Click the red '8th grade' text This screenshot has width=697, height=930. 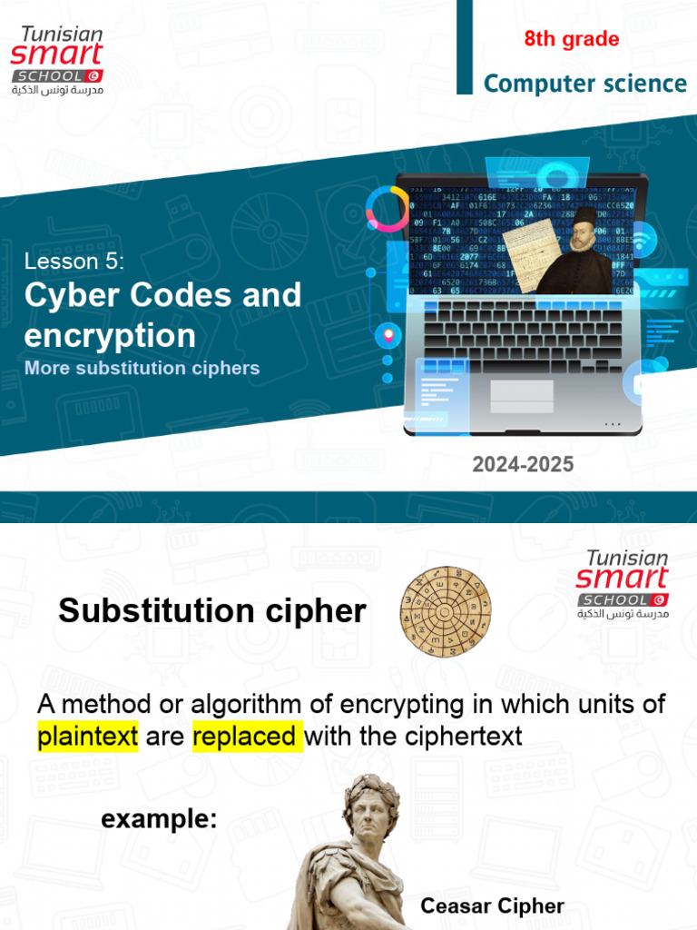pyautogui.click(x=572, y=39)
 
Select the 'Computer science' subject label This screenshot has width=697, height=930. pyautogui.click(x=584, y=84)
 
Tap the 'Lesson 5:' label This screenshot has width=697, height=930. pyautogui.click(x=74, y=262)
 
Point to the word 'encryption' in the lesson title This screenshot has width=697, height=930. pyautogui.click(x=110, y=335)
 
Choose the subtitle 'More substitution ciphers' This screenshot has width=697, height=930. pyautogui.click(x=142, y=369)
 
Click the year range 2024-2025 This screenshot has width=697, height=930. pyautogui.click(x=523, y=465)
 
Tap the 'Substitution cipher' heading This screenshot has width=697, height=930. pyautogui.click(x=212, y=611)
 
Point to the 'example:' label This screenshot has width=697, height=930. pyautogui.click(x=159, y=819)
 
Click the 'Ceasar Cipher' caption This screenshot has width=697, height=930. pyautogui.click(x=492, y=905)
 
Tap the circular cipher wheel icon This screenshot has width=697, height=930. pyautogui.click(x=447, y=609)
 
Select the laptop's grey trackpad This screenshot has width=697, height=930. pyautogui.click(x=522, y=396)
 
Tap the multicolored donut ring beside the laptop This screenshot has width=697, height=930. pyautogui.click(x=388, y=208)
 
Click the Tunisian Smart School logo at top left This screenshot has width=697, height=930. pyautogui.click(x=58, y=60)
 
